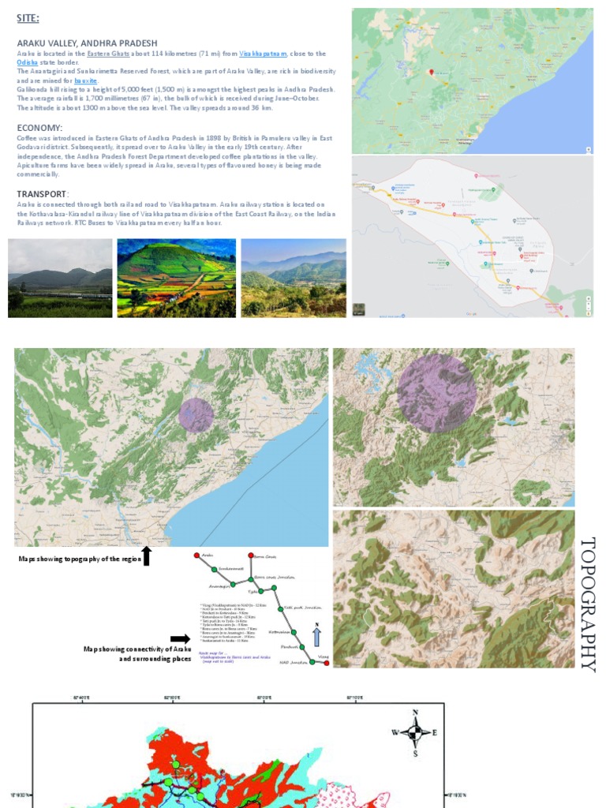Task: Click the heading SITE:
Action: pos(28,18)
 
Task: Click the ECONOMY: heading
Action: pos(39,128)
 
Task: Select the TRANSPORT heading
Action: pos(43,194)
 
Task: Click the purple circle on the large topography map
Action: pos(196,414)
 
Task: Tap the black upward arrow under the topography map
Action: pos(146,555)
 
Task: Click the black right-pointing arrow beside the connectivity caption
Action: pos(180,639)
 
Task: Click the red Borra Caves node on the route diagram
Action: pos(252,555)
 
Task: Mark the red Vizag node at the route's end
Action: pos(326,663)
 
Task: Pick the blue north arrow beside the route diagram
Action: pos(317,636)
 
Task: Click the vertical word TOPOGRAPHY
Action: pos(588,604)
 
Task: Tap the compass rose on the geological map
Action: pos(415,732)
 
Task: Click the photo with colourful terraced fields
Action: pos(176,278)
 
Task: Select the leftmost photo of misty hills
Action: pos(60,278)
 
